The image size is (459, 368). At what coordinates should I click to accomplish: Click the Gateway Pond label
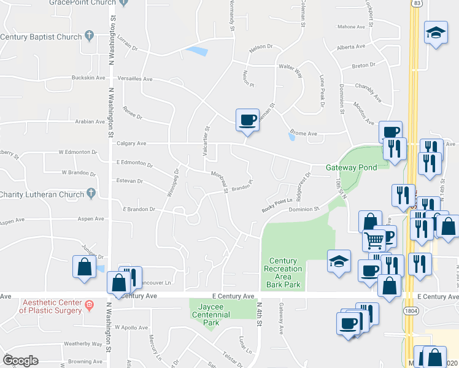coord(348,167)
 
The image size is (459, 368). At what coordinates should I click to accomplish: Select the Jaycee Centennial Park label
coord(210,310)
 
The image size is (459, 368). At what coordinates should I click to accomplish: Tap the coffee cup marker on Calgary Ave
coord(247,120)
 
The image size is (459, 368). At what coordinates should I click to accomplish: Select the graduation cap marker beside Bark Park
coord(339,260)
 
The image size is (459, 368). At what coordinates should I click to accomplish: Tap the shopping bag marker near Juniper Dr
coord(83,267)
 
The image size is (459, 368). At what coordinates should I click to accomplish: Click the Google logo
coord(20,361)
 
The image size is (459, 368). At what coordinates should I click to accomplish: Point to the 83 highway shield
coord(417,4)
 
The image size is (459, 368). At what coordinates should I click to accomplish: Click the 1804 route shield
coord(411,311)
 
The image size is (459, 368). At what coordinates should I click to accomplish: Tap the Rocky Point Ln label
coord(274,209)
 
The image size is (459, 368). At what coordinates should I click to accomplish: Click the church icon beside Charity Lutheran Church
coord(91,193)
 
